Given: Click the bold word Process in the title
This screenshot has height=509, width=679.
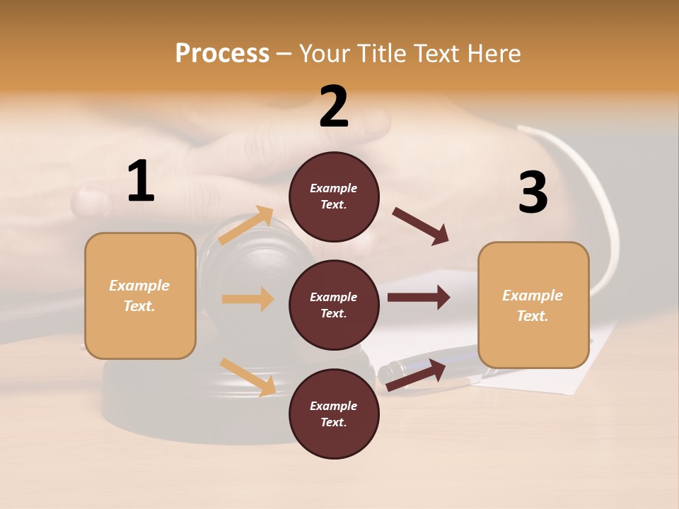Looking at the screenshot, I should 222,53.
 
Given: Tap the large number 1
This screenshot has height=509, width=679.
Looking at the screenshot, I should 141,181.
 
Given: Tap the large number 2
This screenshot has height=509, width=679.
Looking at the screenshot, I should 334,107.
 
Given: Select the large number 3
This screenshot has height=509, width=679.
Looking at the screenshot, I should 533,193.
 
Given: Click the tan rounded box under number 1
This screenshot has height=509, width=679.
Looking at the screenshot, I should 140,296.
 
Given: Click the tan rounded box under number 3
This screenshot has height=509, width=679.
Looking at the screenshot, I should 533,305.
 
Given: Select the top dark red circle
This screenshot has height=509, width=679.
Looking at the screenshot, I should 334,197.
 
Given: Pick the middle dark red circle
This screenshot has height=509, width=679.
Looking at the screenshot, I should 334,305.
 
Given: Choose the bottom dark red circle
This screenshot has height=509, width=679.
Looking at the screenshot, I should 334,414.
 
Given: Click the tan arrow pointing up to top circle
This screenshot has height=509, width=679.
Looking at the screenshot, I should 247,226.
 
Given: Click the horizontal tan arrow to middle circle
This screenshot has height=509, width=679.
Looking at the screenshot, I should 248,299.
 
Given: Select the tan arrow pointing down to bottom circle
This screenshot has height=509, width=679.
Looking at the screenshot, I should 248,377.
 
